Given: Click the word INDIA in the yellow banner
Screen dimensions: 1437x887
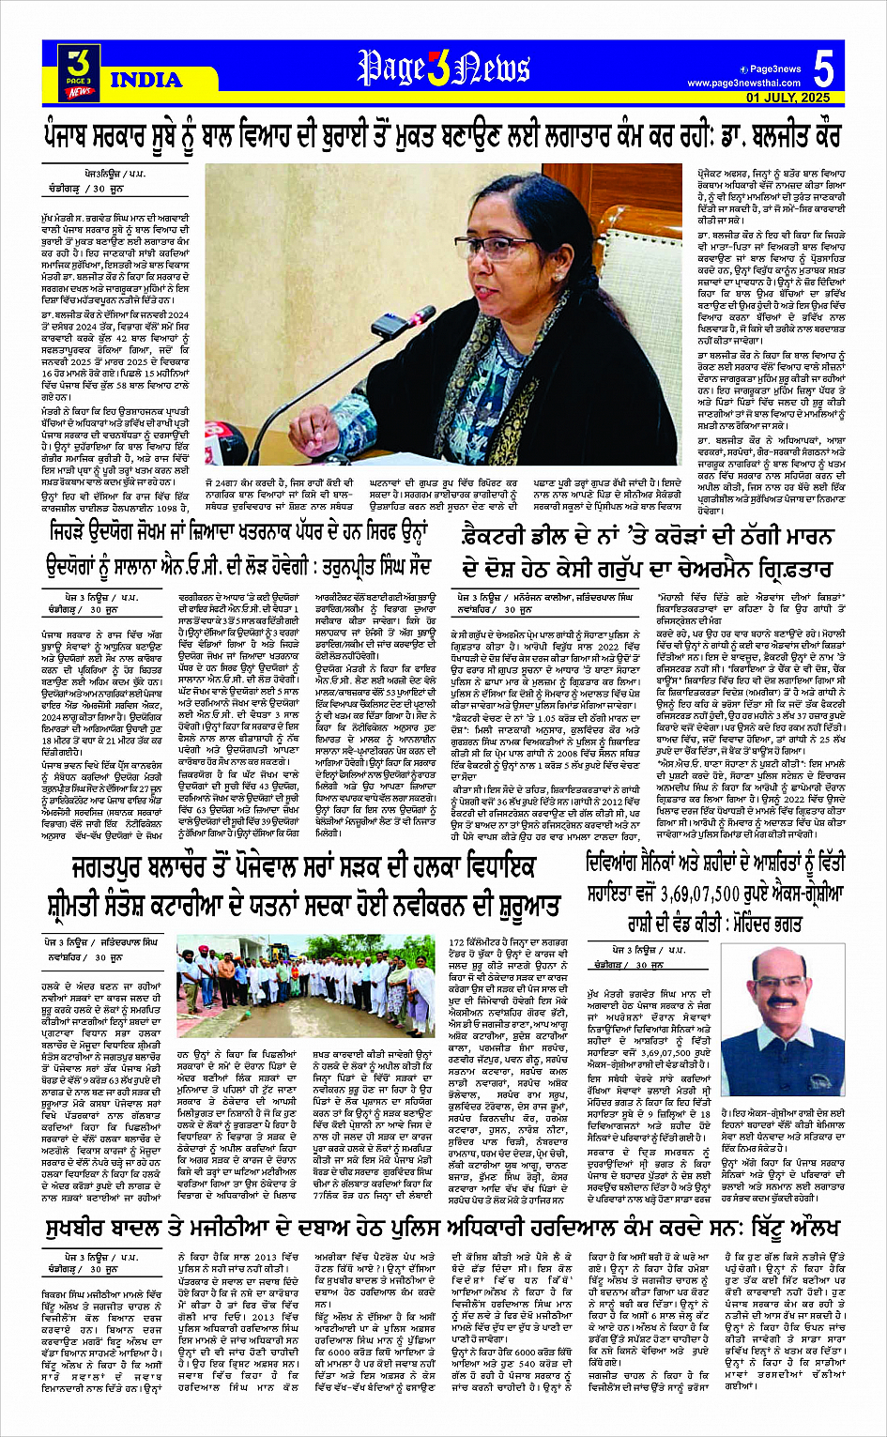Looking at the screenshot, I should (x=145, y=80).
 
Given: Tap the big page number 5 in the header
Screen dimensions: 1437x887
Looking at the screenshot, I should (x=823, y=71).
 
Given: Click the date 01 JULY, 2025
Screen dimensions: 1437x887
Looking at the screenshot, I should (x=788, y=98).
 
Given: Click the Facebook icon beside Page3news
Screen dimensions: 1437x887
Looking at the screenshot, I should (x=742, y=69).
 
